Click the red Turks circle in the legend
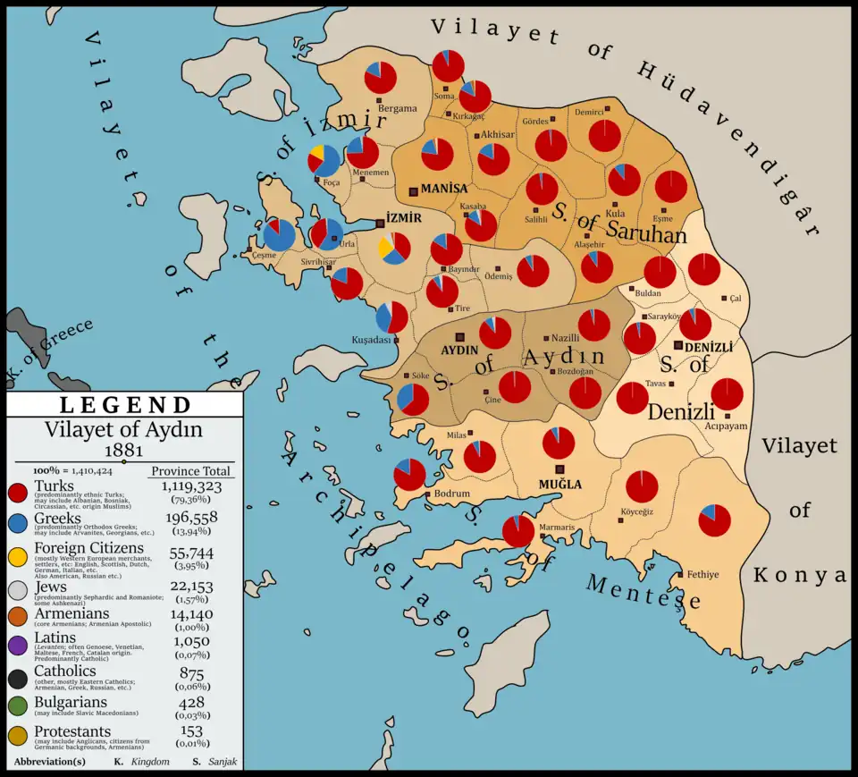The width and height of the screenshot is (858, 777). (x=19, y=493)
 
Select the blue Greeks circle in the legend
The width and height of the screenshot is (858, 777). (x=19, y=524)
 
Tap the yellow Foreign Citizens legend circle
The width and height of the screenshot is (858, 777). (x=19, y=555)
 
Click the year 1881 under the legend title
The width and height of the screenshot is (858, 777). (x=123, y=449)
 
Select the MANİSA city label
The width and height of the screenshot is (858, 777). (x=444, y=190)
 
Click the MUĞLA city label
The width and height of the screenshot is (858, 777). (x=559, y=485)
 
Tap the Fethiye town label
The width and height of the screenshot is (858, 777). (x=702, y=574)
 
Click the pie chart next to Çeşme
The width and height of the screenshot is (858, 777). (x=279, y=235)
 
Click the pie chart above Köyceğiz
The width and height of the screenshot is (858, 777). (x=642, y=486)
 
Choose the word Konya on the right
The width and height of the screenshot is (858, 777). (x=798, y=575)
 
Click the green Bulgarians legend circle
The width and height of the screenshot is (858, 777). (x=19, y=707)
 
